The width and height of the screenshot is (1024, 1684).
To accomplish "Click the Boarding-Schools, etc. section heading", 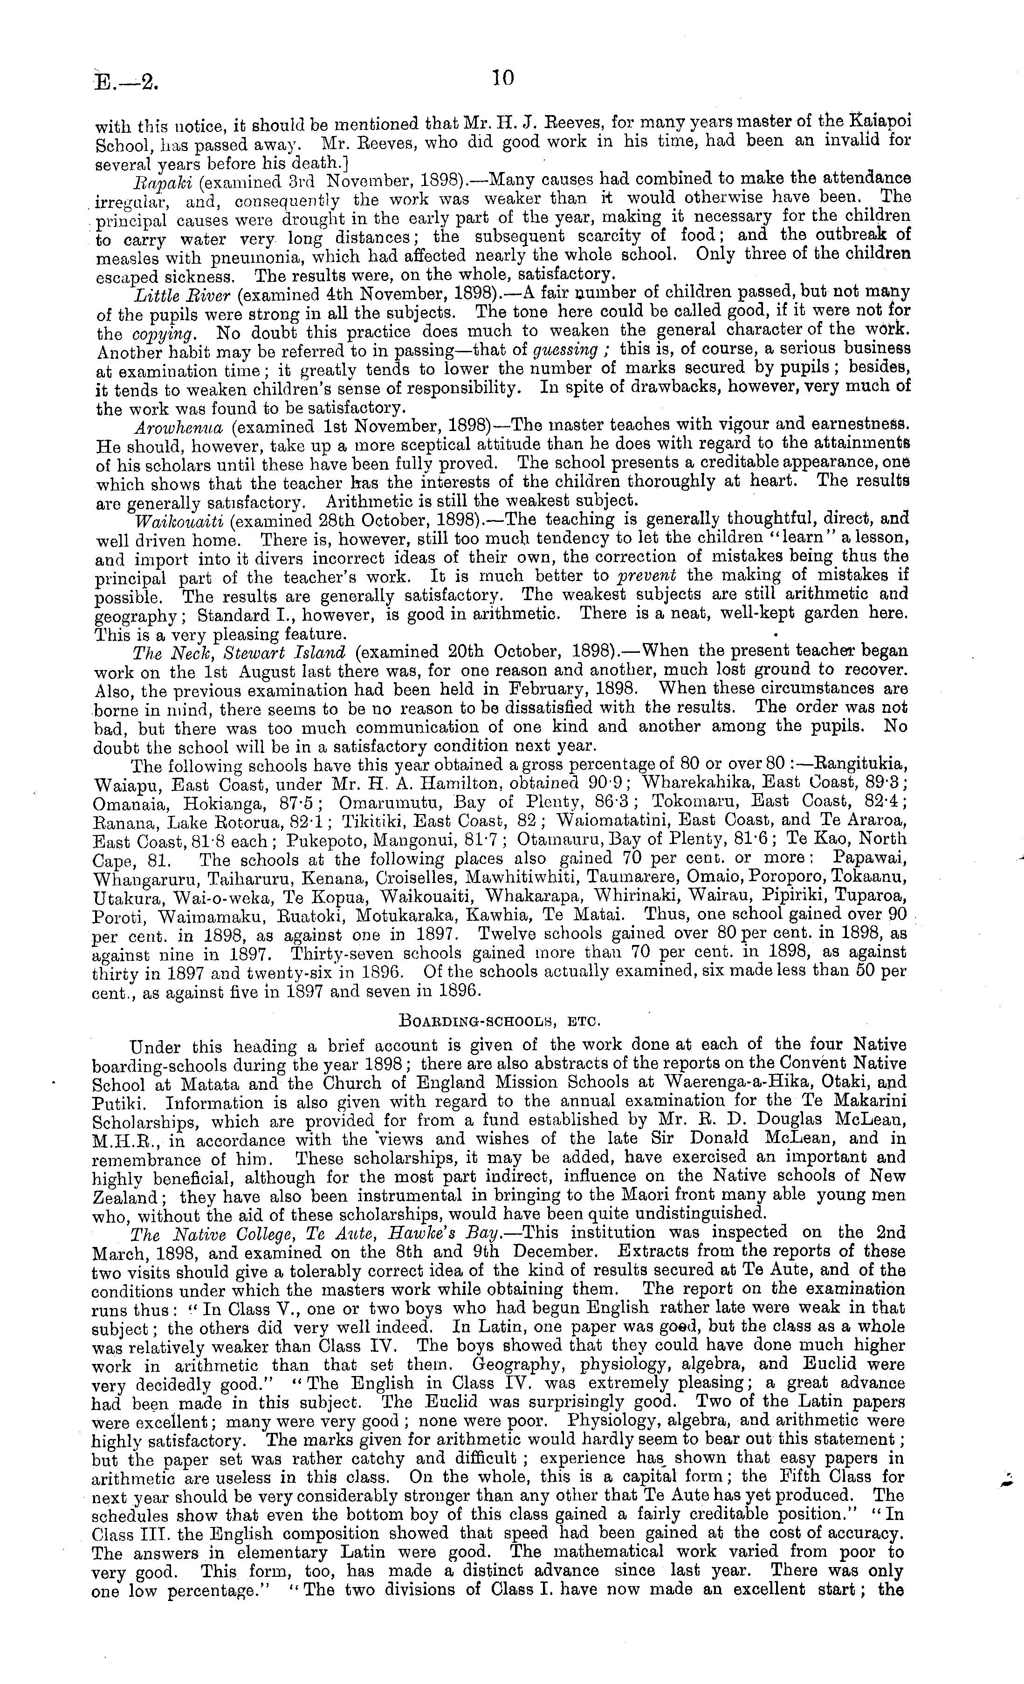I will (500, 1022).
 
